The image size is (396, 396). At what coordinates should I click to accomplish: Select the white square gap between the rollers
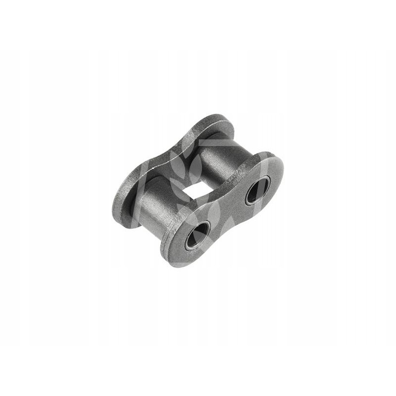195,181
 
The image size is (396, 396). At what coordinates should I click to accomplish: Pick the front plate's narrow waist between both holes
229,210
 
